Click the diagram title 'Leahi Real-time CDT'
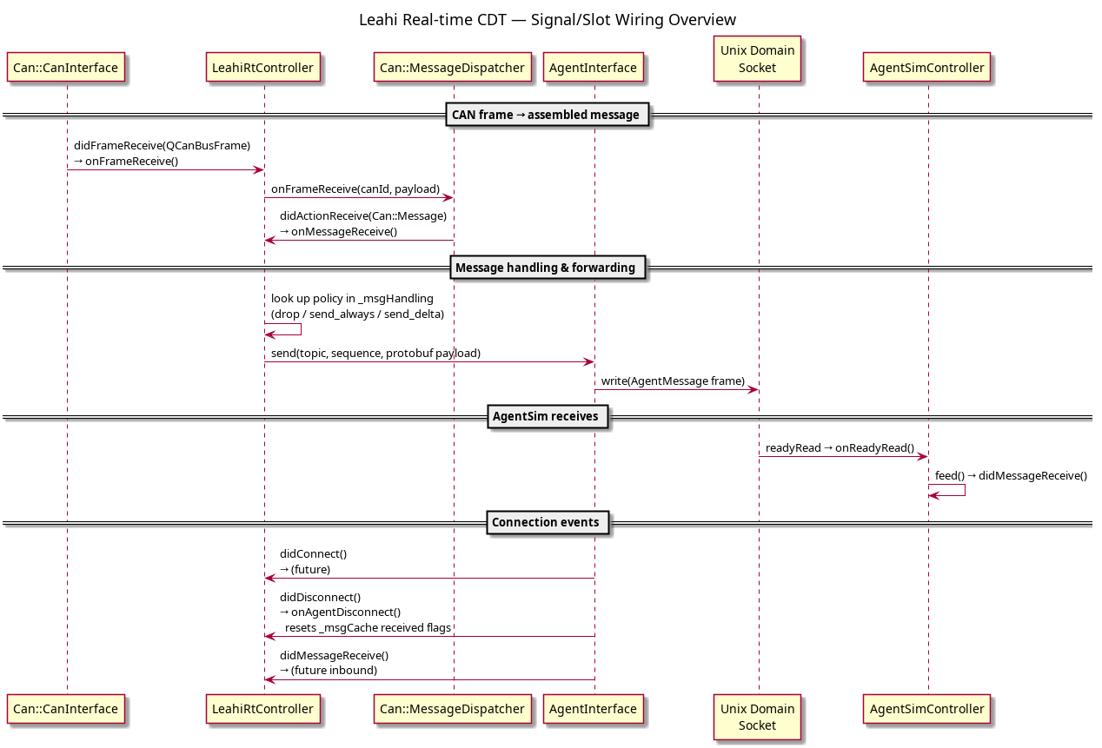click(x=433, y=20)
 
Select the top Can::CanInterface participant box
click(x=66, y=68)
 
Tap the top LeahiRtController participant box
click(x=262, y=68)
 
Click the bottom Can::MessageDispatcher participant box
click(x=452, y=709)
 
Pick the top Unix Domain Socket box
click(x=757, y=59)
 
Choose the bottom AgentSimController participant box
click(x=926, y=709)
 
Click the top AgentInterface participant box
click(x=594, y=68)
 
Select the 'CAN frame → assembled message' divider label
click(x=547, y=115)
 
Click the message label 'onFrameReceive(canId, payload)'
click(x=355, y=189)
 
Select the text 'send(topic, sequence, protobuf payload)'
click(x=375, y=353)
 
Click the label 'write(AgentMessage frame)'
click(x=673, y=381)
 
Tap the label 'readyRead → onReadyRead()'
click(x=840, y=448)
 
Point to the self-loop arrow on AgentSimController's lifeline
click(x=965, y=490)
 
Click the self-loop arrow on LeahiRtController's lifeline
click(x=301, y=329)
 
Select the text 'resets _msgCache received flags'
click(x=368, y=627)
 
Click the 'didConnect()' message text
click(x=314, y=553)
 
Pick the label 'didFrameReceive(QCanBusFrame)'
click(x=162, y=146)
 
